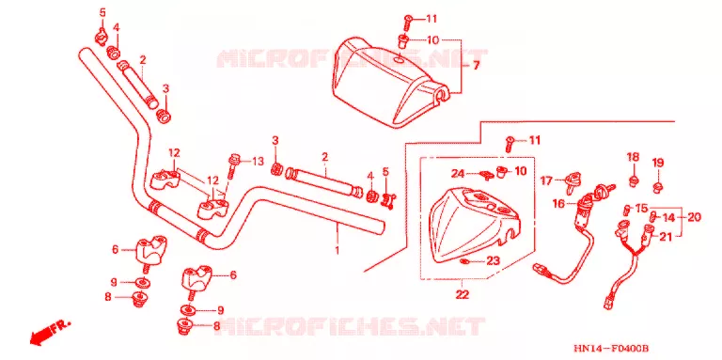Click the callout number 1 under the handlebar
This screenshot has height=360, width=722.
[x=337, y=250]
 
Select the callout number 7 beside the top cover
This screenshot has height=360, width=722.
[x=476, y=66]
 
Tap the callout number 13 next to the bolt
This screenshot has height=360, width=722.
[x=258, y=161]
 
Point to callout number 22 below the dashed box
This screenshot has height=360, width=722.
[x=463, y=294]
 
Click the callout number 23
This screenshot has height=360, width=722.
[x=494, y=261]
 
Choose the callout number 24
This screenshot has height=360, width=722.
[x=458, y=174]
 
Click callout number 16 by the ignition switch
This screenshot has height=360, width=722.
[x=558, y=203]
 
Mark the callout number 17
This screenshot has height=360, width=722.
[x=546, y=180]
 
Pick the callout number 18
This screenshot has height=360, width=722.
[x=633, y=157]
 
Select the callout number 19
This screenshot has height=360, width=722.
[x=657, y=163]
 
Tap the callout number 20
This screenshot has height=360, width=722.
[x=694, y=217]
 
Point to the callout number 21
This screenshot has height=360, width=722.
[x=666, y=237]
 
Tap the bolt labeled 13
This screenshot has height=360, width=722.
[x=233, y=166]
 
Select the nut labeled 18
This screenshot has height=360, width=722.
[x=633, y=179]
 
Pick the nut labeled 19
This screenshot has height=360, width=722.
[x=657, y=186]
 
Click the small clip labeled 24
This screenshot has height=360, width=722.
[x=485, y=174]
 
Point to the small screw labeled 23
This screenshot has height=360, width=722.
[x=464, y=261]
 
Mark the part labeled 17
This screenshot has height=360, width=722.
[x=573, y=180]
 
